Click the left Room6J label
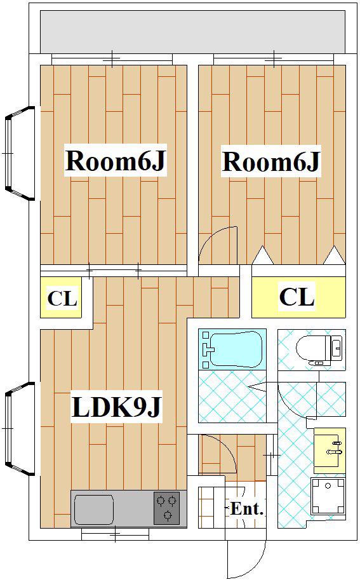coord(115,161)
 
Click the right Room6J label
coord(271,161)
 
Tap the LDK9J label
coord(117,407)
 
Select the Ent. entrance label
coord(247,508)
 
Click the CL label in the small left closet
coord(62,298)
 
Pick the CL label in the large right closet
coord(297,297)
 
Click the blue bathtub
coord(232,349)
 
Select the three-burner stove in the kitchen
coord(167,508)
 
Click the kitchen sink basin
coord(94,510)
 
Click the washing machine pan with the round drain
coord(328,496)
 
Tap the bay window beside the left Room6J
coord(20,153)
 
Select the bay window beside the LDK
coord(20,429)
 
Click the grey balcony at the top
coord(192,32)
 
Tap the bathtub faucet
coord(208,349)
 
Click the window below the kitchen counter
coord(116,535)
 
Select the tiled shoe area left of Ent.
coord(211,508)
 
